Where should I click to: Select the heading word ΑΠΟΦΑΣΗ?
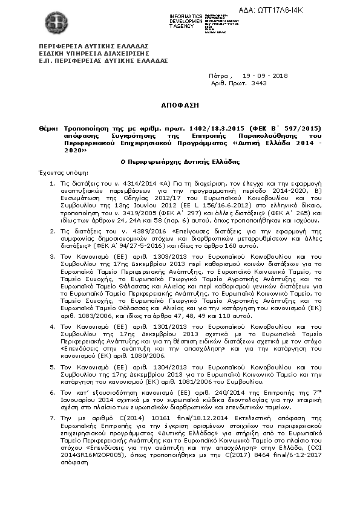[179, 105]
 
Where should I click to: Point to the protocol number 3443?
[259, 84]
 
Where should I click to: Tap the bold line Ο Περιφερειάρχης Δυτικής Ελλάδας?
[179, 162]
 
